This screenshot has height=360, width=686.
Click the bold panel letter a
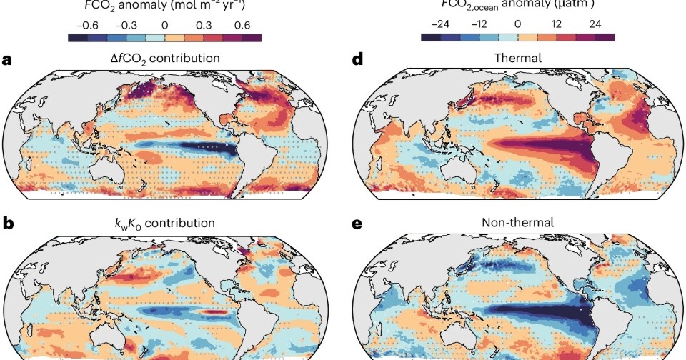pos(8,59)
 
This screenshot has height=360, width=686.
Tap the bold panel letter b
pos(8,223)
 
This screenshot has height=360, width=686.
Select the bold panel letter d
pos(358,59)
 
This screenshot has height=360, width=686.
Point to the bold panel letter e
pos(358,223)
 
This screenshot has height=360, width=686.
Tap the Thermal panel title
pos(517,58)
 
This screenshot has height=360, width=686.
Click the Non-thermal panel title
pos(517,223)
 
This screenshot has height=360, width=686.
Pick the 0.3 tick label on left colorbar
pos(204,24)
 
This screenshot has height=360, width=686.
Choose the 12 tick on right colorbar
pos(556,24)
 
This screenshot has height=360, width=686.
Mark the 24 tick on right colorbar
pos(595,24)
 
